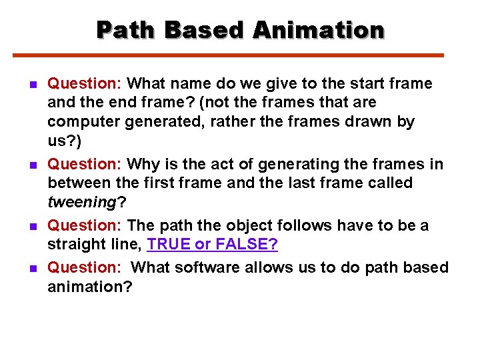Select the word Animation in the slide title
319,30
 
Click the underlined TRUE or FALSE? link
212,245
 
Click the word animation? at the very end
90,287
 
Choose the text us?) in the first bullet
63,141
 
